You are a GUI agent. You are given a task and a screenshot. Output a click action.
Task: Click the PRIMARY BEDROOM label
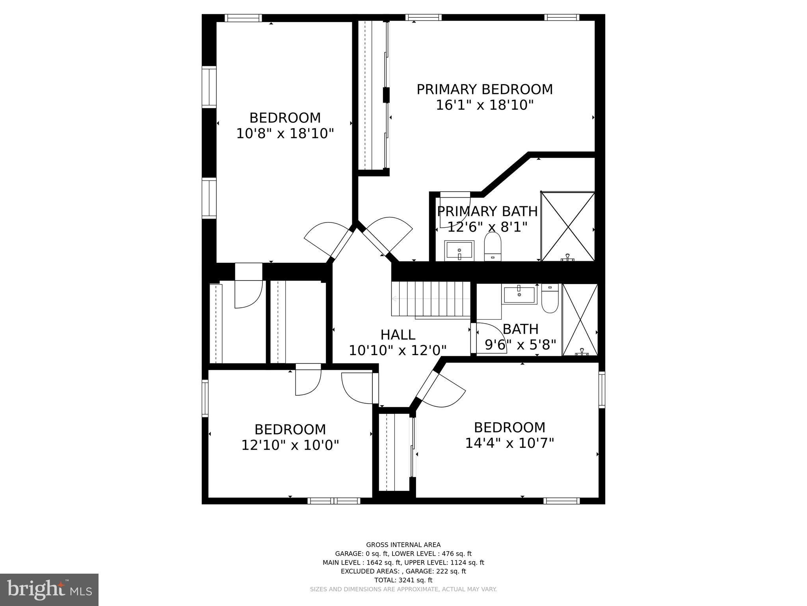[484, 90]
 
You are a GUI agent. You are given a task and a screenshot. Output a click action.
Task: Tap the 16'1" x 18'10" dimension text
[484, 105]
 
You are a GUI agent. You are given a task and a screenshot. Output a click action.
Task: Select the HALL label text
[398, 335]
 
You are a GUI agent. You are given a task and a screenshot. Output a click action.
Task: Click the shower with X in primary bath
[568, 226]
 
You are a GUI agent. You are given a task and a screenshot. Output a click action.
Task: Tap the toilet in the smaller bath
[550, 299]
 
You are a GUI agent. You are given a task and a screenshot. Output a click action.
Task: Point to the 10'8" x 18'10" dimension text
[285, 134]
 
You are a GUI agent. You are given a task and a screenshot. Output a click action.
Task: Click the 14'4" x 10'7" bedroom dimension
[509, 443]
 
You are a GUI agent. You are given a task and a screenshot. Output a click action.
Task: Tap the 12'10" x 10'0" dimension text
[290, 445]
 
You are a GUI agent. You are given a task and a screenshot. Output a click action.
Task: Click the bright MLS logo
[49, 589]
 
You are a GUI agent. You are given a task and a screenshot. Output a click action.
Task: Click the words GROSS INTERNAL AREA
[403, 545]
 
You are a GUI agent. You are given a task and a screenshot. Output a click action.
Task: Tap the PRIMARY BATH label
[487, 211]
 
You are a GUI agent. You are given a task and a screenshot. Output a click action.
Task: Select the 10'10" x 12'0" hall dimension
[398, 350]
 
